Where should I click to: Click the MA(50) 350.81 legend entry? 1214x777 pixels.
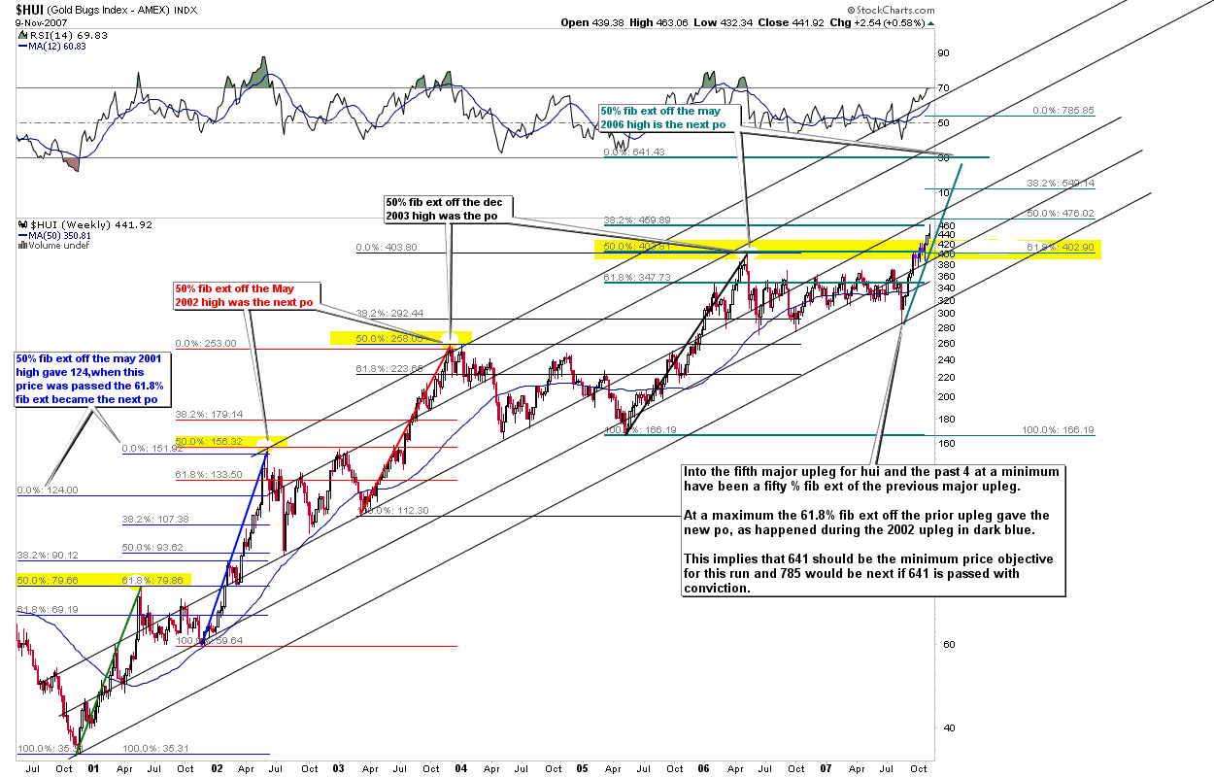pos(53,235)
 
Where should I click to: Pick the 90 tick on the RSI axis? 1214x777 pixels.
pos(942,54)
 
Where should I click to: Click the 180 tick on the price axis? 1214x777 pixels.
pos(947,419)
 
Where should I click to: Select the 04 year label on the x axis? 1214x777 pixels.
pos(460,768)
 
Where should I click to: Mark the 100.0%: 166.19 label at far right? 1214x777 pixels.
pos(1058,429)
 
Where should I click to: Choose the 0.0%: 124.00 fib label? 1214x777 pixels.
pos(48,490)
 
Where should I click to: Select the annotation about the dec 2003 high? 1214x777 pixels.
pos(448,210)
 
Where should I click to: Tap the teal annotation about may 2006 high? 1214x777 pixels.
pos(667,118)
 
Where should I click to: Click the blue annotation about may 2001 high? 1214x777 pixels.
pos(93,380)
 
